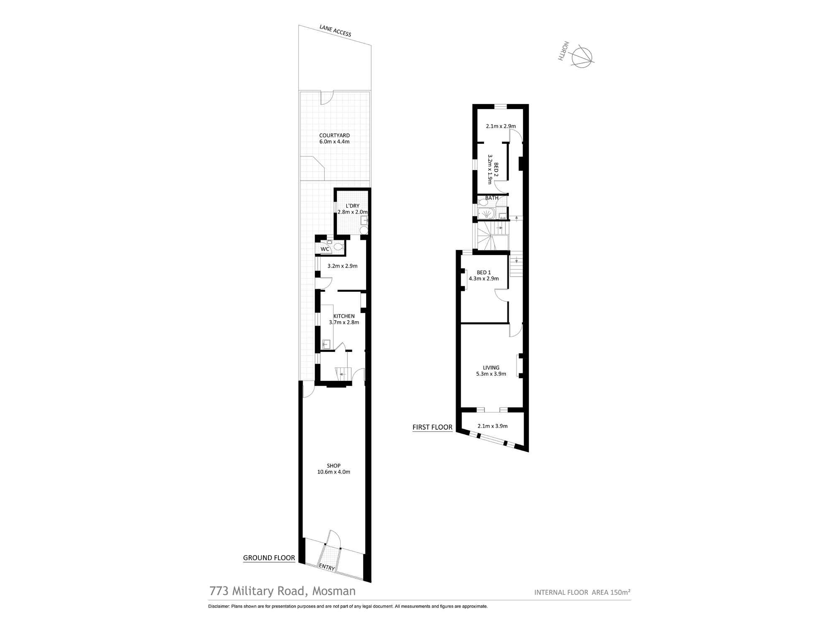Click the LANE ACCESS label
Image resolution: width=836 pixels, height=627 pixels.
coord(335,31)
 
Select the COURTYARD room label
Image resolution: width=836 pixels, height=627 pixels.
coord(334,135)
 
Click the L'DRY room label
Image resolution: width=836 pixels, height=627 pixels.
coord(352,206)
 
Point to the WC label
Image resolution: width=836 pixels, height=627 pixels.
coord(325,249)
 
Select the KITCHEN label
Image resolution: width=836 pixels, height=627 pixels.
coord(344,316)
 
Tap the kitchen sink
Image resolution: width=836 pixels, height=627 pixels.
coord(326,344)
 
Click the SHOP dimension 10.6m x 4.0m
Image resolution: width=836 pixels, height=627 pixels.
coord(334,472)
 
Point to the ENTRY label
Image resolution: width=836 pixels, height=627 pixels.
coord(327,568)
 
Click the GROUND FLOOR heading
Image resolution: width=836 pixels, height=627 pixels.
coord(269,558)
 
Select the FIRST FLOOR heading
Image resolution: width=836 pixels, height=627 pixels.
coord(432,427)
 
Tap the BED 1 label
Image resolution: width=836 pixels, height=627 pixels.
coord(484,273)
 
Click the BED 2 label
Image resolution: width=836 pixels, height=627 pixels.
coord(496,170)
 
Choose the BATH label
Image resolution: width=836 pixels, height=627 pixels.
coord(492,198)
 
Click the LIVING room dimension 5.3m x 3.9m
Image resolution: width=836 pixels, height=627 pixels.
coord(491,374)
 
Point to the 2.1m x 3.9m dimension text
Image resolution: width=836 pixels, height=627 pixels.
coord(492,426)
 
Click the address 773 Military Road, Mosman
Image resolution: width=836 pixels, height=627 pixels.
coord(283,591)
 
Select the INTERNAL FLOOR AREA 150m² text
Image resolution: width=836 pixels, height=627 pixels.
coord(582,592)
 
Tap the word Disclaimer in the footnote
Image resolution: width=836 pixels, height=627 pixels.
coord(219,606)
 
